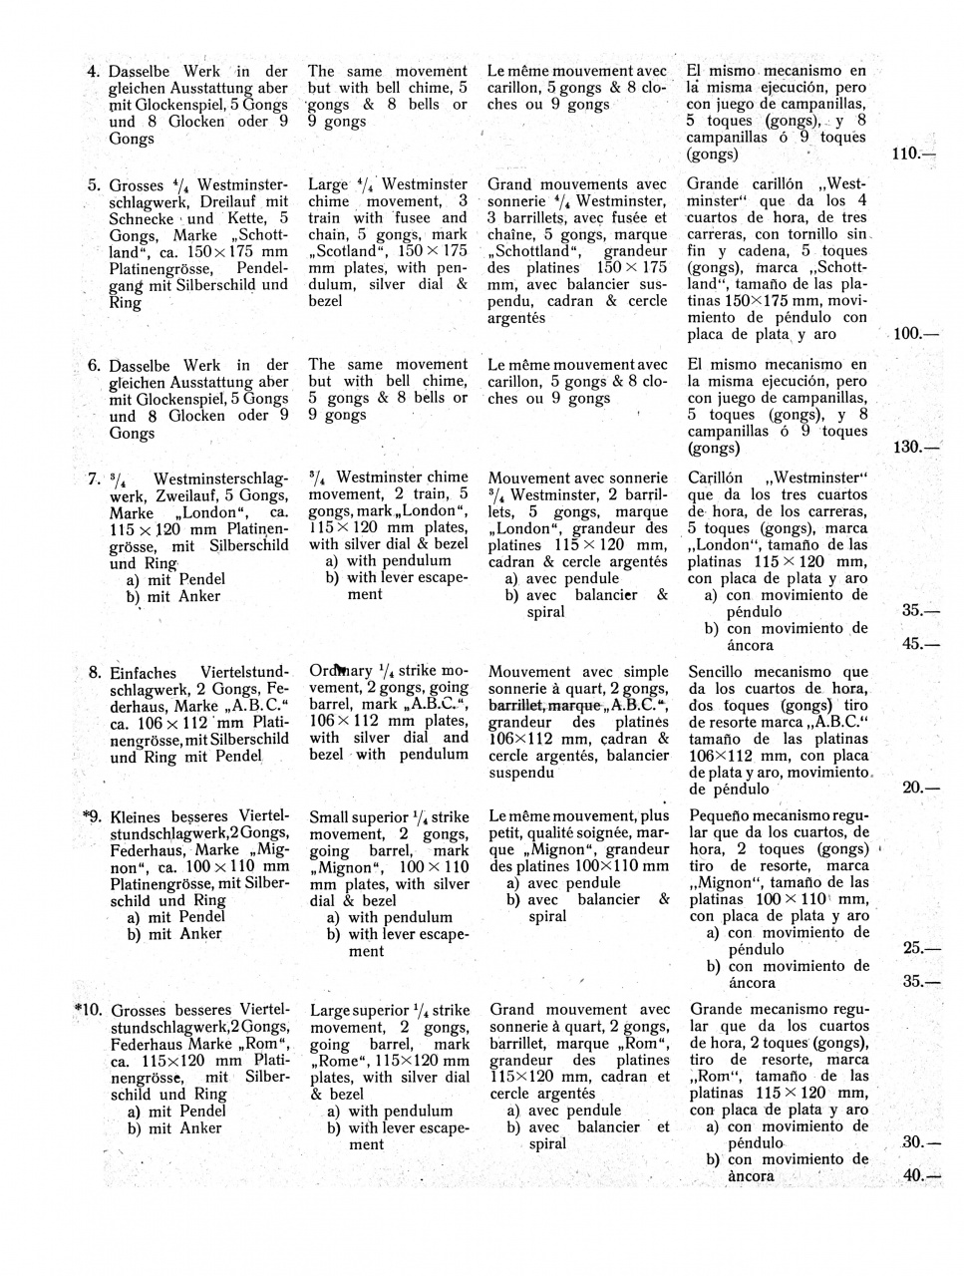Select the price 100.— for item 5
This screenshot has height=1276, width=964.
tap(915, 334)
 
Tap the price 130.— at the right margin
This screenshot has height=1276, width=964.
tap(915, 448)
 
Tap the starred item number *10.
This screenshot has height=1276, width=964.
tap(88, 1010)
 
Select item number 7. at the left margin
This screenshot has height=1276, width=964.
tap(95, 478)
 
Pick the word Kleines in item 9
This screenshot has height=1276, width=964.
tap(138, 816)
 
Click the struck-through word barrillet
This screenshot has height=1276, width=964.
tap(516, 705)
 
